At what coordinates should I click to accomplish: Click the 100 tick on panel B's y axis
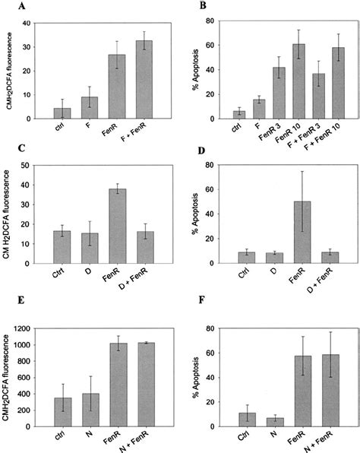(213, 24)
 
